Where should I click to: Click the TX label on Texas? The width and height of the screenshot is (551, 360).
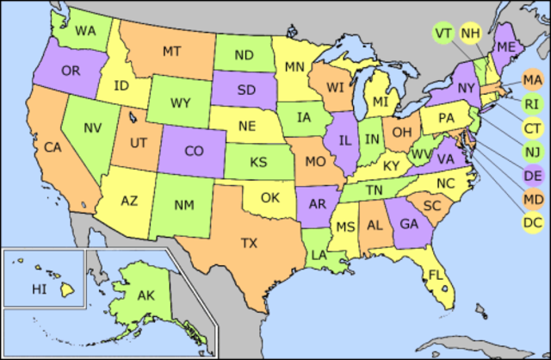pyautogui.click(x=250, y=243)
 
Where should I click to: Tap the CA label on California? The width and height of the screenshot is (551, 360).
pyautogui.click(x=54, y=147)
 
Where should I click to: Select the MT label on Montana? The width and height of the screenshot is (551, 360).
pyautogui.click(x=171, y=52)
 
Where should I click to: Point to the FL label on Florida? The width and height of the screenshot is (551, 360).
pyautogui.click(x=436, y=276)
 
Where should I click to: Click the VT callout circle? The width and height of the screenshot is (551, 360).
pyautogui.click(x=444, y=33)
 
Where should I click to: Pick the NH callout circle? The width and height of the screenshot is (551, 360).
pyautogui.click(x=470, y=33)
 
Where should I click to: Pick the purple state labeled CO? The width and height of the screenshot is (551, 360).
pyautogui.click(x=194, y=151)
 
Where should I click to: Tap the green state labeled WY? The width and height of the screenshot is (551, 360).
pyautogui.click(x=180, y=103)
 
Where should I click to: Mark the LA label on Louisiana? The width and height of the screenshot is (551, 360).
pyautogui.click(x=319, y=255)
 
